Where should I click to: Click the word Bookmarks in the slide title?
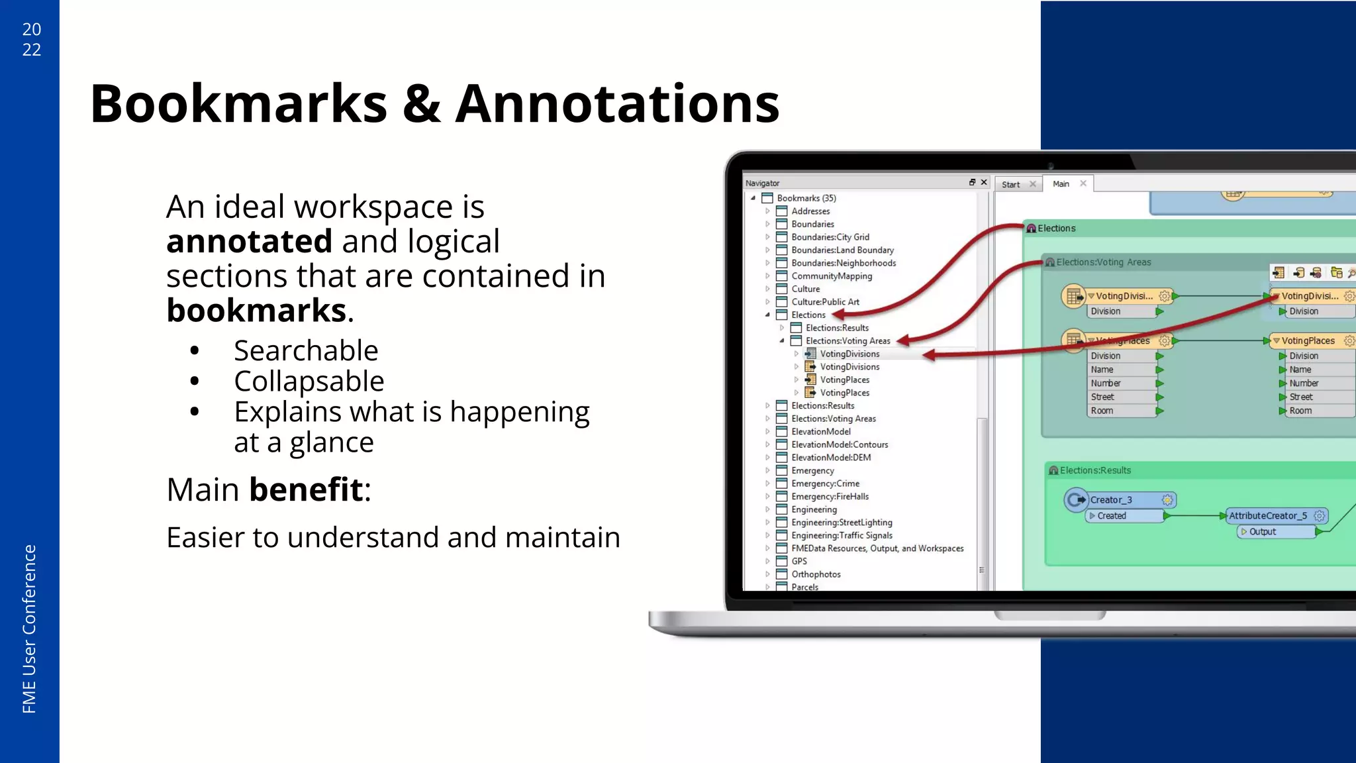(238, 104)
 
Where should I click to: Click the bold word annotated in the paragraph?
(249, 241)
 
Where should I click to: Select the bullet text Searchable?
(306, 350)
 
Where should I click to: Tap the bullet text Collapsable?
(309, 381)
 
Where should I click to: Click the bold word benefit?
(306, 490)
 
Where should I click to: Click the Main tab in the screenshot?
(1061, 184)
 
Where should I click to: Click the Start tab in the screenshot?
(1010, 185)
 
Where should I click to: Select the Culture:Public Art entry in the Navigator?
(825, 302)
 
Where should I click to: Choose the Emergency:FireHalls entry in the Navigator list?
(830, 497)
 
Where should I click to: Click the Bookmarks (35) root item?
(806, 198)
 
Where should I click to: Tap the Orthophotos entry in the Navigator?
(816, 574)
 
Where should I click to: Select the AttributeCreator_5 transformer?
(1268, 516)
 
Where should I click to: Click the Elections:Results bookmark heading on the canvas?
(1095, 470)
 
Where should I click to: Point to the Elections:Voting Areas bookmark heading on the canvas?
(1103, 262)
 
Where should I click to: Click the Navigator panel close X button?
(984, 182)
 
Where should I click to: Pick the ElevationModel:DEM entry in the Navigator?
(831, 458)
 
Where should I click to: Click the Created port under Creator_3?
(1112, 516)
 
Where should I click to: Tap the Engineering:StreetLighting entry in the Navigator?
(842, 523)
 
